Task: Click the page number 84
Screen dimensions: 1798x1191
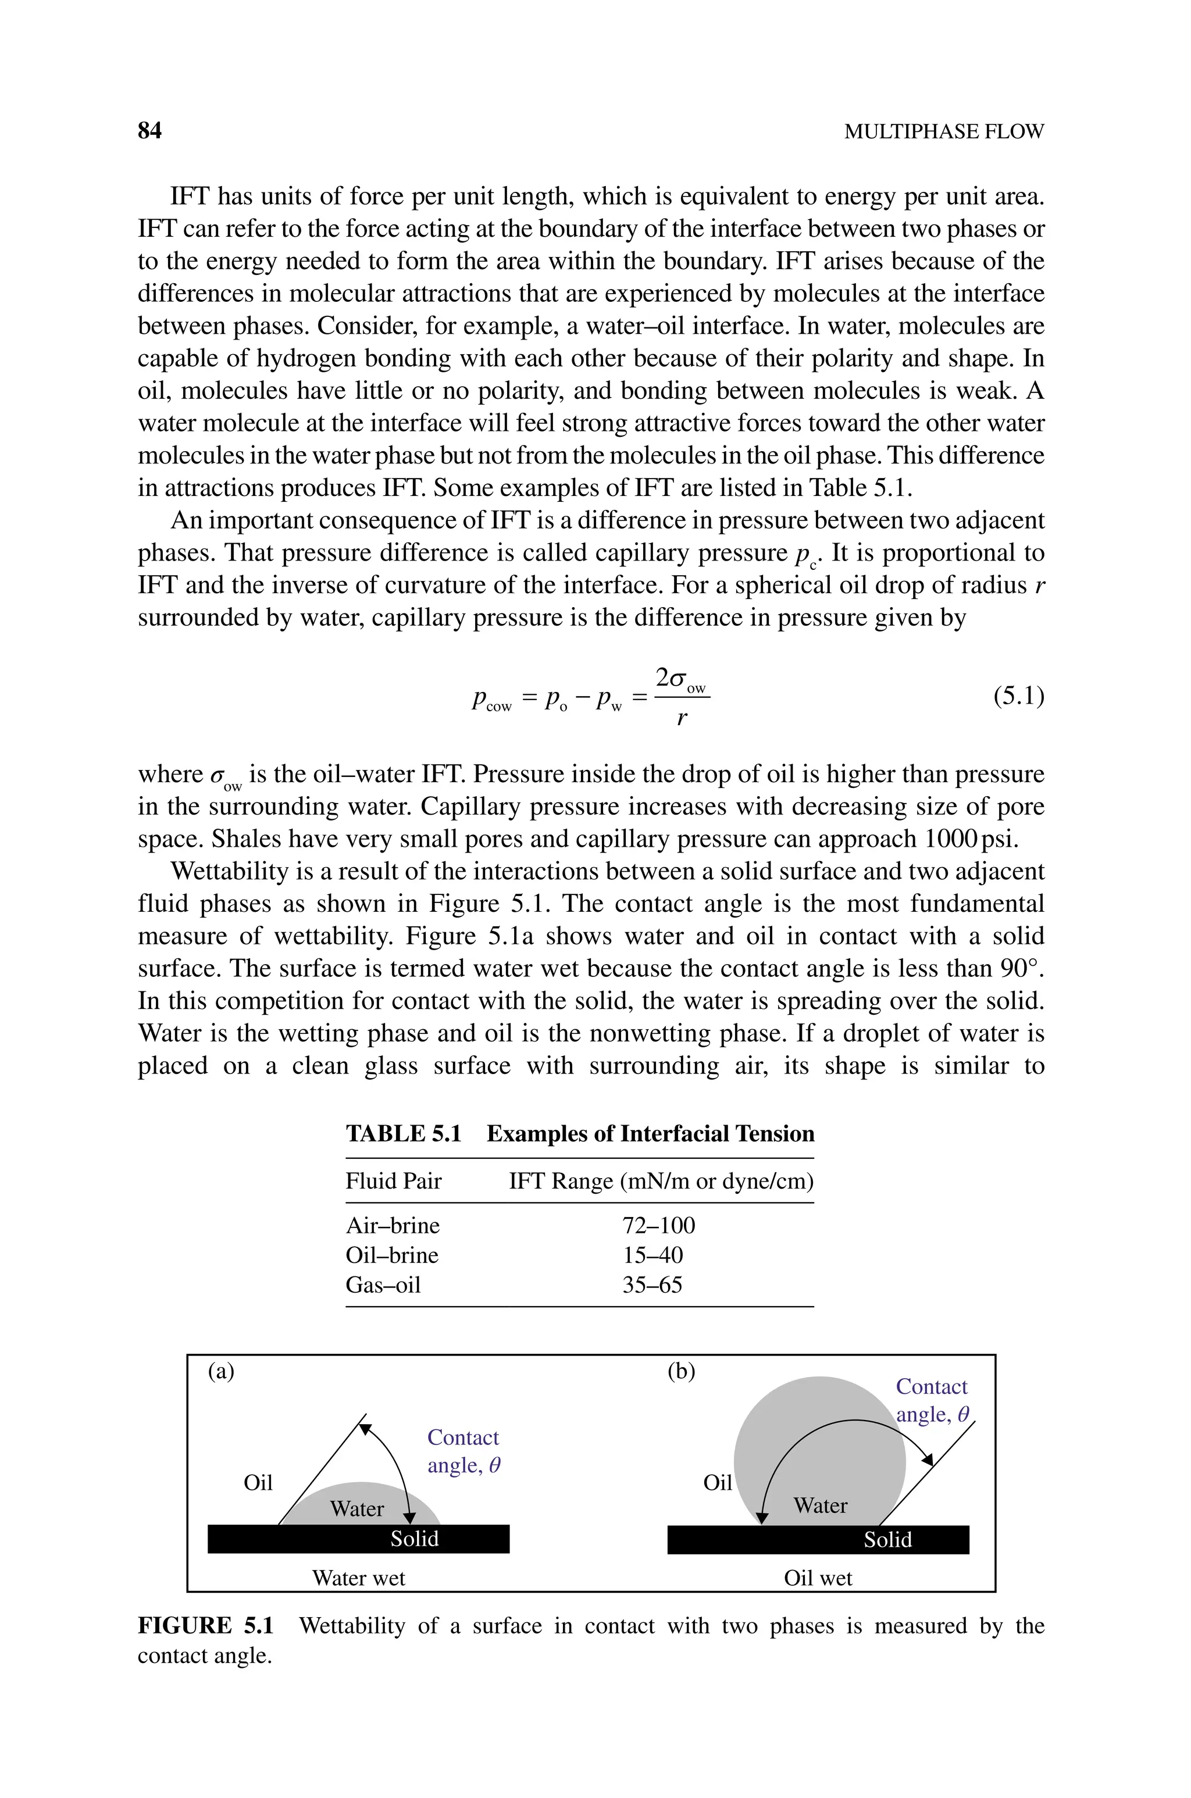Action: click(149, 131)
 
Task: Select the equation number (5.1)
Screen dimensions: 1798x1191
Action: click(1019, 695)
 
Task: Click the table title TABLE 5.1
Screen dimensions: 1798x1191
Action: click(404, 1133)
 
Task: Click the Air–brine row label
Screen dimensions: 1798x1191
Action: click(392, 1225)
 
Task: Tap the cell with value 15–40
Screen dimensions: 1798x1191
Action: click(652, 1255)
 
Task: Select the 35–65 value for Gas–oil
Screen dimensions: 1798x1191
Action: click(652, 1285)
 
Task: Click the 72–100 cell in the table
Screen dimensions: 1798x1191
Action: click(658, 1225)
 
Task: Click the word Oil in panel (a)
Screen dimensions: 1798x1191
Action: click(258, 1482)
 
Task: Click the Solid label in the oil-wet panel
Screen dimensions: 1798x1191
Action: click(887, 1539)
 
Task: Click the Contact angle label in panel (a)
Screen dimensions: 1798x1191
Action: click(462, 1451)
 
